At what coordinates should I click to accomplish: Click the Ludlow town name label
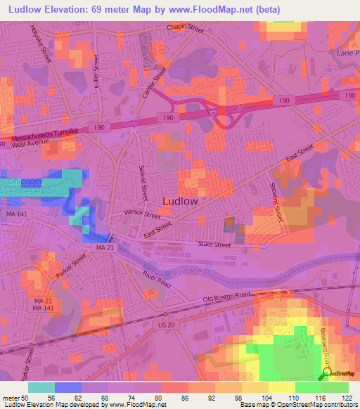[180, 201]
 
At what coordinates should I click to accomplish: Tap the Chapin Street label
[185, 29]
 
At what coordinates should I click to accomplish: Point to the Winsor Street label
[124, 212]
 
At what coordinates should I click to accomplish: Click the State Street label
[214, 245]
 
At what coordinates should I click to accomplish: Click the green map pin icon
[323, 376]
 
